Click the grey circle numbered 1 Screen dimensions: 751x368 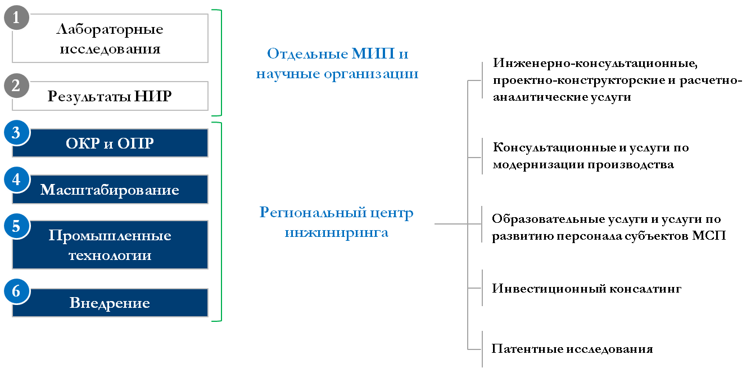[x=16, y=17]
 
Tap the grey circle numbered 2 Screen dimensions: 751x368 [x=16, y=86]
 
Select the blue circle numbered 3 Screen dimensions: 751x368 [x=16, y=132]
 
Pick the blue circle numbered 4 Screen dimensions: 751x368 [x=16, y=179]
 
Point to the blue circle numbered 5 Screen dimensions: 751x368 [x=16, y=226]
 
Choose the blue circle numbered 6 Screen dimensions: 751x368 [x=16, y=291]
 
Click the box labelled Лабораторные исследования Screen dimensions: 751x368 [x=110, y=38]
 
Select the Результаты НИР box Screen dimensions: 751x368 [x=110, y=96]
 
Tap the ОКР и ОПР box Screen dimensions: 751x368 [x=110, y=143]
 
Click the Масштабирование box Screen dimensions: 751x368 [x=110, y=189]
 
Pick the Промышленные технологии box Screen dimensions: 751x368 [x=110, y=245]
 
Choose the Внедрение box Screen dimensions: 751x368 [x=110, y=303]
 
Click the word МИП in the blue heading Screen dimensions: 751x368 [x=373, y=53]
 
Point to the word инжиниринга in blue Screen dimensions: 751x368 [x=336, y=233]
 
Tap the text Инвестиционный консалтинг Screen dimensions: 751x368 [x=586, y=289]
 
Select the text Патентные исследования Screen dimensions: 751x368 [x=572, y=349]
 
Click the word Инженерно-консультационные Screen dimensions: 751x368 [x=595, y=63]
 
